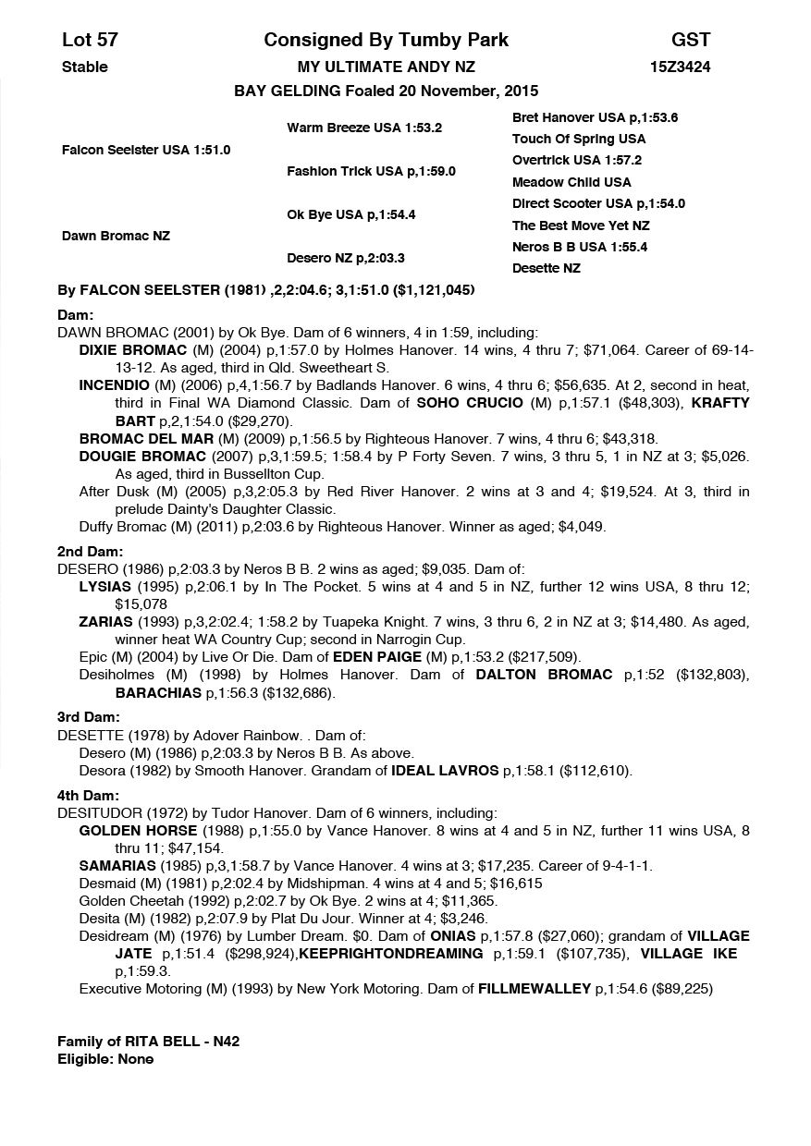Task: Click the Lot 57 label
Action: [x=90, y=40]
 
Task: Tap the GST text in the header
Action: [x=691, y=40]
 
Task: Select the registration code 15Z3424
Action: [x=680, y=67]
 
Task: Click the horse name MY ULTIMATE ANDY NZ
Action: [x=386, y=67]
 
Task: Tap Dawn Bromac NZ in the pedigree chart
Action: [x=116, y=236]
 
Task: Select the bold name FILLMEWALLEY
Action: [x=534, y=989]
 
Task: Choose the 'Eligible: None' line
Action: [x=105, y=1059]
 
